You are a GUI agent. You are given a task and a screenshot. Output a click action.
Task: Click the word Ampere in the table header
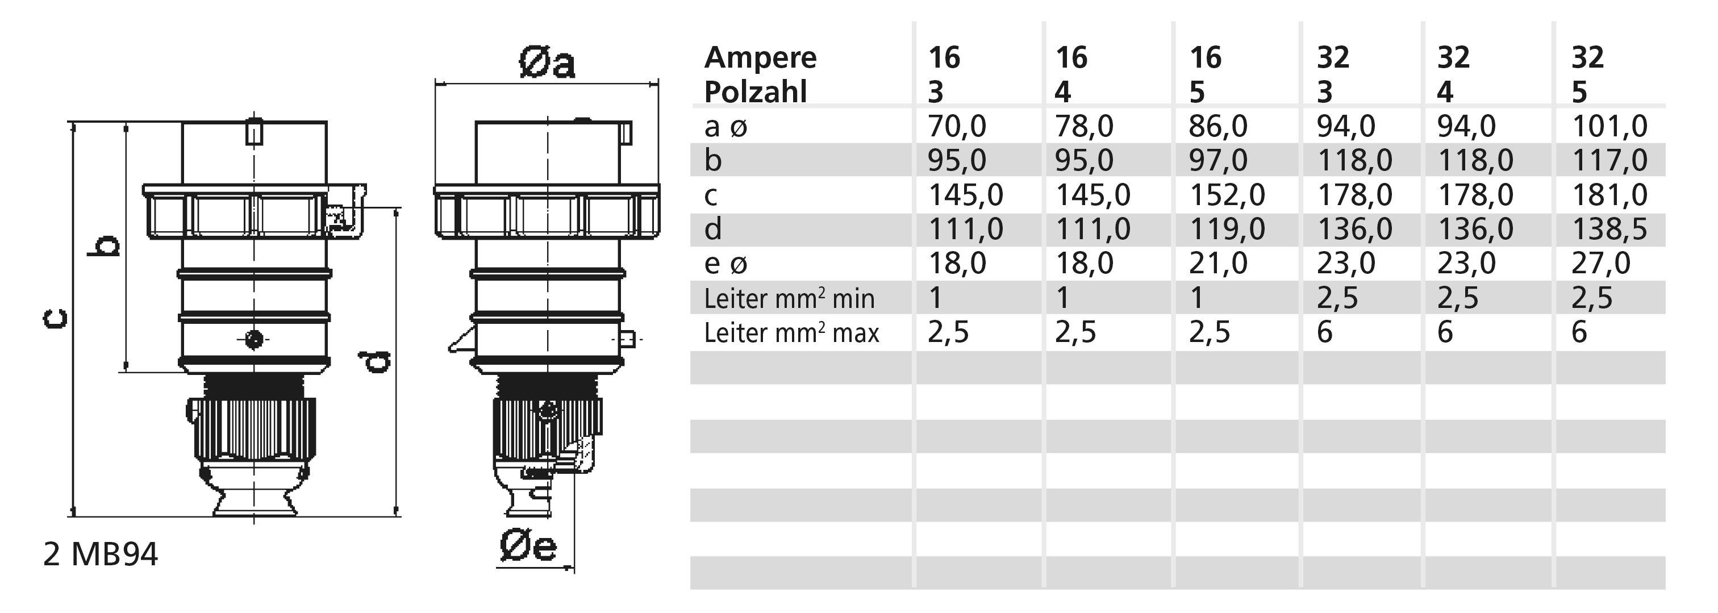(760, 58)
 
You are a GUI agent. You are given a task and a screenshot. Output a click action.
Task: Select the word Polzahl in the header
(756, 92)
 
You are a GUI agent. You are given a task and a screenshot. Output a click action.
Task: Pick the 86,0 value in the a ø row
(1218, 127)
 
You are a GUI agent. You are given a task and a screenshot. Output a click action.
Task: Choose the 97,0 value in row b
(1218, 161)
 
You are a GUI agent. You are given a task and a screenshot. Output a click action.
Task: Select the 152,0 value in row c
(1227, 195)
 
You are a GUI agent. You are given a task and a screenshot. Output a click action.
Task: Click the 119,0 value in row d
(1227, 230)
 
